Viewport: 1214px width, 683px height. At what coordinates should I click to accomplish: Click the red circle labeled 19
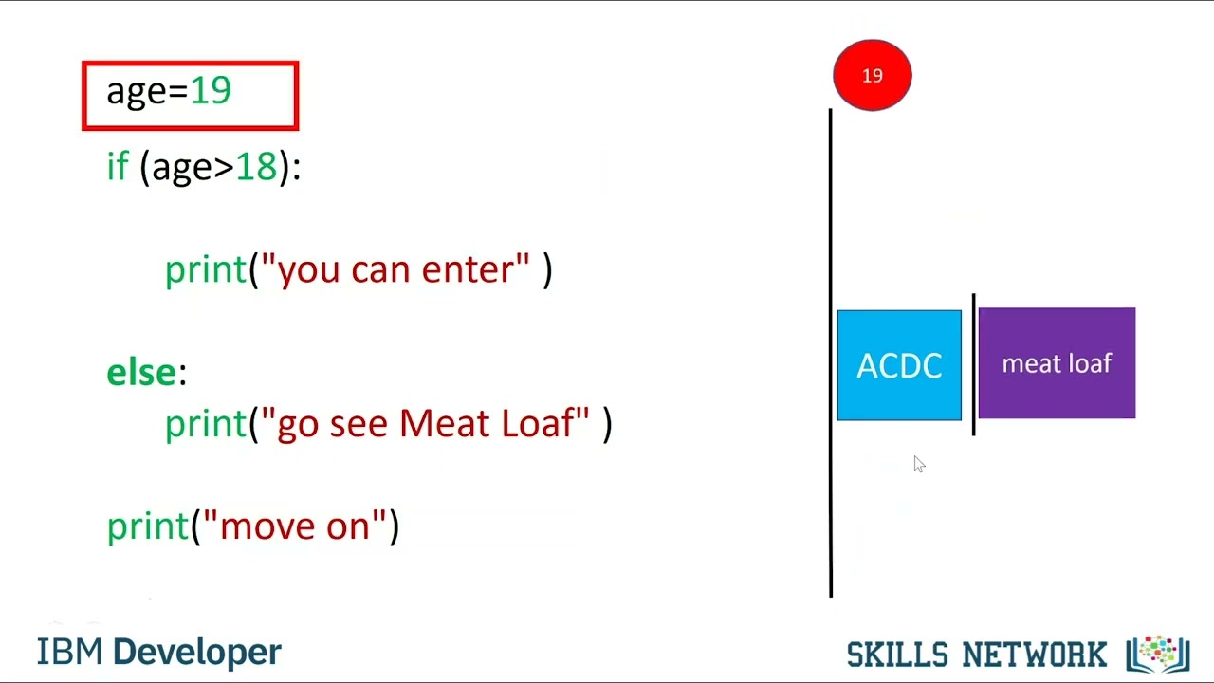pyautogui.click(x=872, y=75)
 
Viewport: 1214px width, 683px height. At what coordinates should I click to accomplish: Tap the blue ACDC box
pyautogui.click(x=898, y=365)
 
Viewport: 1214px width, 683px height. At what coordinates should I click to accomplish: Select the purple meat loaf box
pyautogui.click(x=1057, y=363)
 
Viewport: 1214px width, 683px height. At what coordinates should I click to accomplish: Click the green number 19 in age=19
pyautogui.click(x=211, y=91)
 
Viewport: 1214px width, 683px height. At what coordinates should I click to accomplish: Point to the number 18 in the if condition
pyautogui.click(x=256, y=167)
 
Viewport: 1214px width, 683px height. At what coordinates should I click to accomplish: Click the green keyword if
pyautogui.click(x=117, y=167)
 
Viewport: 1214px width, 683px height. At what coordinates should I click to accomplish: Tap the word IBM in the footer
pyautogui.click(x=69, y=653)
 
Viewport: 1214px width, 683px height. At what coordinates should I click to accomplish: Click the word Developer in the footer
pyautogui.click(x=197, y=653)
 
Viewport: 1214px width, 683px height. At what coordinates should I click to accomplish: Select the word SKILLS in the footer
pyautogui.click(x=897, y=655)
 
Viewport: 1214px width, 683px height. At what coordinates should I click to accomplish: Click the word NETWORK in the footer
pyautogui.click(x=1035, y=655)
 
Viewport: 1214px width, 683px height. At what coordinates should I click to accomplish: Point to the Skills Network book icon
pyautogui.click(x=1157, y=655)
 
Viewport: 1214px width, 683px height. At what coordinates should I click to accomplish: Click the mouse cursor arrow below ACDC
pyautogui.click(x=918, y=463)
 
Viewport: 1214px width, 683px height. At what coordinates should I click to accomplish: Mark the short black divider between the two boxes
pyautogui.click(x=973, y=365)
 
